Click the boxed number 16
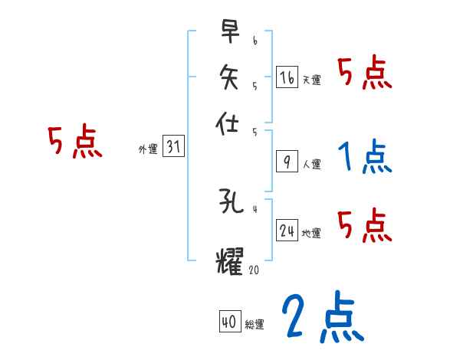[287, 77]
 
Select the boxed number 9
[287, 162]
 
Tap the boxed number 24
[287, 231]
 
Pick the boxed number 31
[173, 148]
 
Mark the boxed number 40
[229, 322]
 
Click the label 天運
[311, 80]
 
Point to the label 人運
[311, 164]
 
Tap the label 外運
[148, 150]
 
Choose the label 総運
[255, 325]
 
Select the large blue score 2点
[321, 316]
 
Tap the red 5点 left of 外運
[74, 142]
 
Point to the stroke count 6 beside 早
[255, 38]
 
